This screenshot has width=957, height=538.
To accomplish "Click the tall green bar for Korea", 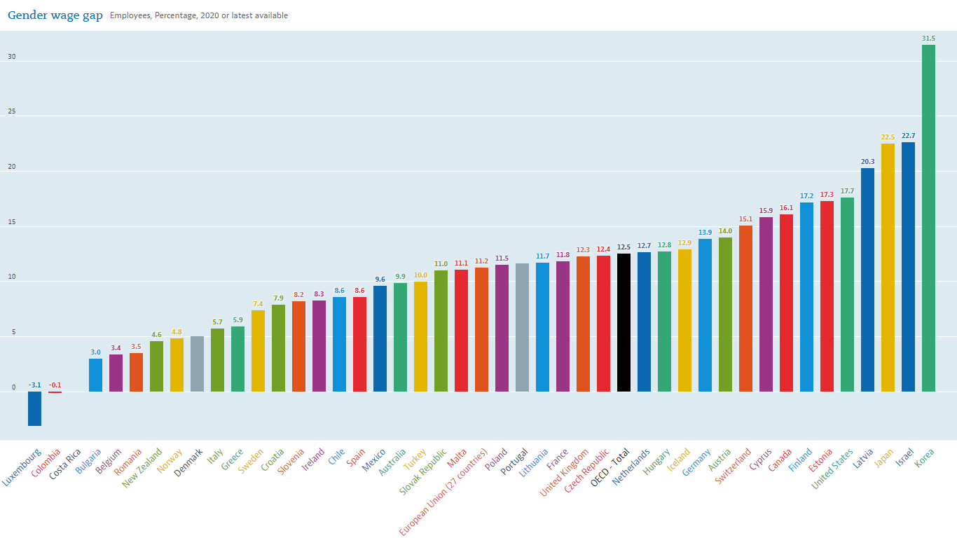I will pyautogui.click(x=928, y=218).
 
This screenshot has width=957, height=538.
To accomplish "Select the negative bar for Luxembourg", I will pyautogui.click(x=34, y=408).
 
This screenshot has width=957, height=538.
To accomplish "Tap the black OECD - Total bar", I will pyautogui.click(x=624, y=322).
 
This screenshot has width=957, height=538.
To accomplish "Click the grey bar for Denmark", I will pyautogui.click(x=197, y=364).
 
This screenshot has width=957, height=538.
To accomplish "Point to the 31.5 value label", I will pyautogui.click(x=928, y=38).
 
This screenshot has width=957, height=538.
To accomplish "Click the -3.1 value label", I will pyautogui.click(x=34, y=385).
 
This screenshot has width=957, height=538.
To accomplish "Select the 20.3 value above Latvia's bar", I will pyautogui.click(x=867, y=161).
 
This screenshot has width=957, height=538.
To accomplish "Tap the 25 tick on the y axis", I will pyautogui.click(x=11, y=112).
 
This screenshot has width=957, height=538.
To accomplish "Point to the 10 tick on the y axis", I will pyautogui.click(x=11, y=277).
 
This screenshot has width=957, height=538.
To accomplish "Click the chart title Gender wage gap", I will pyautogui.click(x=55, y=15).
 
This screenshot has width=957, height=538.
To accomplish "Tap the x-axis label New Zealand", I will pyautogui.click(x=142, y=467).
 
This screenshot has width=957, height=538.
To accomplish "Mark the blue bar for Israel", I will pyautogui.click(x=908, y=267).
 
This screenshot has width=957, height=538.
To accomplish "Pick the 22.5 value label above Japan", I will pyautogui.click(x=888, y=137).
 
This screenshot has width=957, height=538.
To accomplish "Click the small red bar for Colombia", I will pyautogui.click(x=55, y=392).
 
